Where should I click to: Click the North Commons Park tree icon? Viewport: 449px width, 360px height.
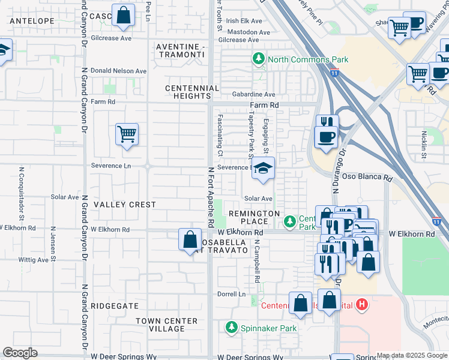point(258,59)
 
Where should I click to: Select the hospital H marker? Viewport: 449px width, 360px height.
point(361,305)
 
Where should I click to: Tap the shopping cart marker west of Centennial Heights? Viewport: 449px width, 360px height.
point(127,135)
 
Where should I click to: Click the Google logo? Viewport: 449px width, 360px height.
point(20,353)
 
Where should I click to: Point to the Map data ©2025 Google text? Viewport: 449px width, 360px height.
point(412,355)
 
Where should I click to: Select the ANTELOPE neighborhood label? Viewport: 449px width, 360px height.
point(33,21)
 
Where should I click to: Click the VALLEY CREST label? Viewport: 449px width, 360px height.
point(125,205)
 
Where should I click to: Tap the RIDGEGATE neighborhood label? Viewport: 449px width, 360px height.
point(114,305)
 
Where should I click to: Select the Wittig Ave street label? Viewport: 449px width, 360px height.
point(34,260)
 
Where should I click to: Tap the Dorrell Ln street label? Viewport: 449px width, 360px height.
point(232,294)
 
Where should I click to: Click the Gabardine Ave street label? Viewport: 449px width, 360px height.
point(255,94)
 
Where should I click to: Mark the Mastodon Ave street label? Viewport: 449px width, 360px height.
point(247,31)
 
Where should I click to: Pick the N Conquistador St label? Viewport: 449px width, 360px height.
point(21,192)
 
